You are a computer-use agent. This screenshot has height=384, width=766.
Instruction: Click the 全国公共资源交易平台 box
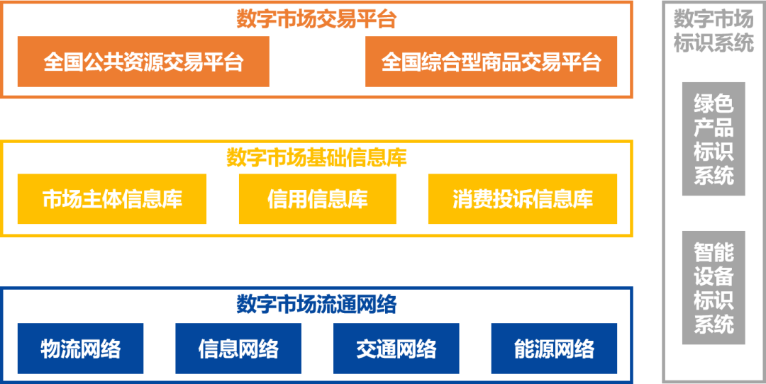(x=143, y=62)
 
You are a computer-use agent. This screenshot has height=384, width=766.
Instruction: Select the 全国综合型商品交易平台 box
(x=491, y=62)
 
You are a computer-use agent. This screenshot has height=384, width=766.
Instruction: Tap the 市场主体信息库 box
(x=112, y=199)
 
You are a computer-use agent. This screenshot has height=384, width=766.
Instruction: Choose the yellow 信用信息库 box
(x=317, y=199)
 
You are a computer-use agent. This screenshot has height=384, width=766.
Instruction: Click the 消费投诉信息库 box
(x=522, y=199)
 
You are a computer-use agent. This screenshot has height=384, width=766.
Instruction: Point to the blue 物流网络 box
(x=80, y=349)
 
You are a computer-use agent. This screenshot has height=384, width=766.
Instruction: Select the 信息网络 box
(x=238, y=349)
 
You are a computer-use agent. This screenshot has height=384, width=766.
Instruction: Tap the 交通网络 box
(x=396, y=349)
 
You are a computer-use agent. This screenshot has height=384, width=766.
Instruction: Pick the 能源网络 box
(x=554, y=349)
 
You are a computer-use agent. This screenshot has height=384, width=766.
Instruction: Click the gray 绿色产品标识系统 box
(x=713, y=139)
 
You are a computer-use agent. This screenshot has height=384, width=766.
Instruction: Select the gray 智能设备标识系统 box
(x=713, y=288)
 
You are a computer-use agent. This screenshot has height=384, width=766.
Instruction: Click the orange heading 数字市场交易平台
(x=316, y=18)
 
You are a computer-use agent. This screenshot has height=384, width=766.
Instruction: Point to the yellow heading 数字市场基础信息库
(x=316, y=157)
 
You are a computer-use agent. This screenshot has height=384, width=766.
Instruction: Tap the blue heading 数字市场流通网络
(x=316, y=304)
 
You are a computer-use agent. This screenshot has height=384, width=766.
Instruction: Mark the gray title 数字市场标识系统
(x=713, y=30)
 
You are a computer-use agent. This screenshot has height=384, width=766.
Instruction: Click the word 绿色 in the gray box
(x=713, y=104)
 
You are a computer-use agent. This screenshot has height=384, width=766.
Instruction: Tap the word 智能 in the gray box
(x=713, y=252)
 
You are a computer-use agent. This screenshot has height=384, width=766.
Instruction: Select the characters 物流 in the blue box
(x=60, y=349)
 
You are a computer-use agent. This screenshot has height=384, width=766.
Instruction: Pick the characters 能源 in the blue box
(x=534, y=349)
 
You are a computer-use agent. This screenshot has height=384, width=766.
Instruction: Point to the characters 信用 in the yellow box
(x=287, y=199)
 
